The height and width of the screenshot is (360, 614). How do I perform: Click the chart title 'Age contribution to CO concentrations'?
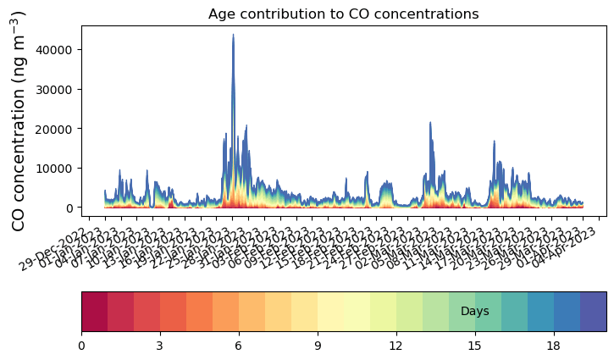(344, 14)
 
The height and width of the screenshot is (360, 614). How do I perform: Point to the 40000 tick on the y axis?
(58, 50)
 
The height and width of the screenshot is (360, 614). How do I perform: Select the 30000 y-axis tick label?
(58, 89)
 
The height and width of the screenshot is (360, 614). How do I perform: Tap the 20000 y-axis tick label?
(58, 129)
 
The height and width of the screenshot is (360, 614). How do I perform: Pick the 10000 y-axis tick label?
(58, 168)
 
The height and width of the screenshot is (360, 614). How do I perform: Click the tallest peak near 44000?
(233, 36)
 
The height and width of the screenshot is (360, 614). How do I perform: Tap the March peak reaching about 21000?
(430, 124)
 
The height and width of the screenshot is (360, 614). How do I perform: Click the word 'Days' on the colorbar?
(474, 312)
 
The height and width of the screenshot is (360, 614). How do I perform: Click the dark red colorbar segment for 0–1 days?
(94, 312)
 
